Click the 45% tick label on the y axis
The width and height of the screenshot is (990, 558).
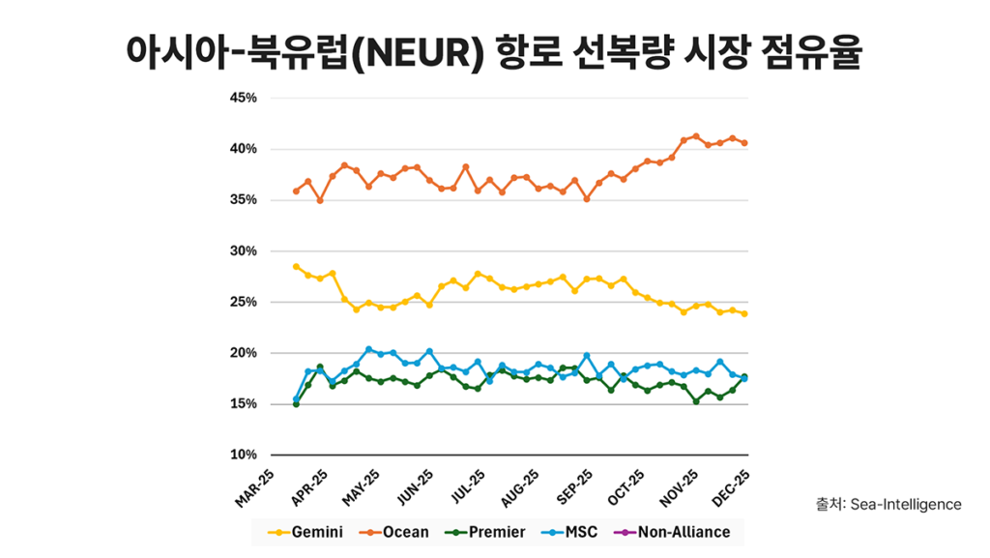(x=243, y=98)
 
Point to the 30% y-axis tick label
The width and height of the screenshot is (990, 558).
(x=243, y=250)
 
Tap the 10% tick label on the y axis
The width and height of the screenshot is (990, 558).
(x=243, y=455)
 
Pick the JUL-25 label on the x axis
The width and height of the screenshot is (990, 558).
(x=466, y=487)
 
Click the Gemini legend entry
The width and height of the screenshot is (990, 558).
(x=306, y=532)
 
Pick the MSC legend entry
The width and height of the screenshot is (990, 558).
(x=573, y=532)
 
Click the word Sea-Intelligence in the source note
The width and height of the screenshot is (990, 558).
(x=906, y=504)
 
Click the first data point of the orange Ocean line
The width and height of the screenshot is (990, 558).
(x=296, y=191)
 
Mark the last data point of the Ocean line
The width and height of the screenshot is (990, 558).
(x=743, y=143)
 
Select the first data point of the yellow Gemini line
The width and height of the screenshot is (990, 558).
(x=296, y=266)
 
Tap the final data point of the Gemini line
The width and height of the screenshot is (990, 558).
(x=743, y=313)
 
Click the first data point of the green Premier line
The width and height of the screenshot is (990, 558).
(x=296, y=403)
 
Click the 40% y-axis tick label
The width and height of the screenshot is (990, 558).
(x=243, y=149)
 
